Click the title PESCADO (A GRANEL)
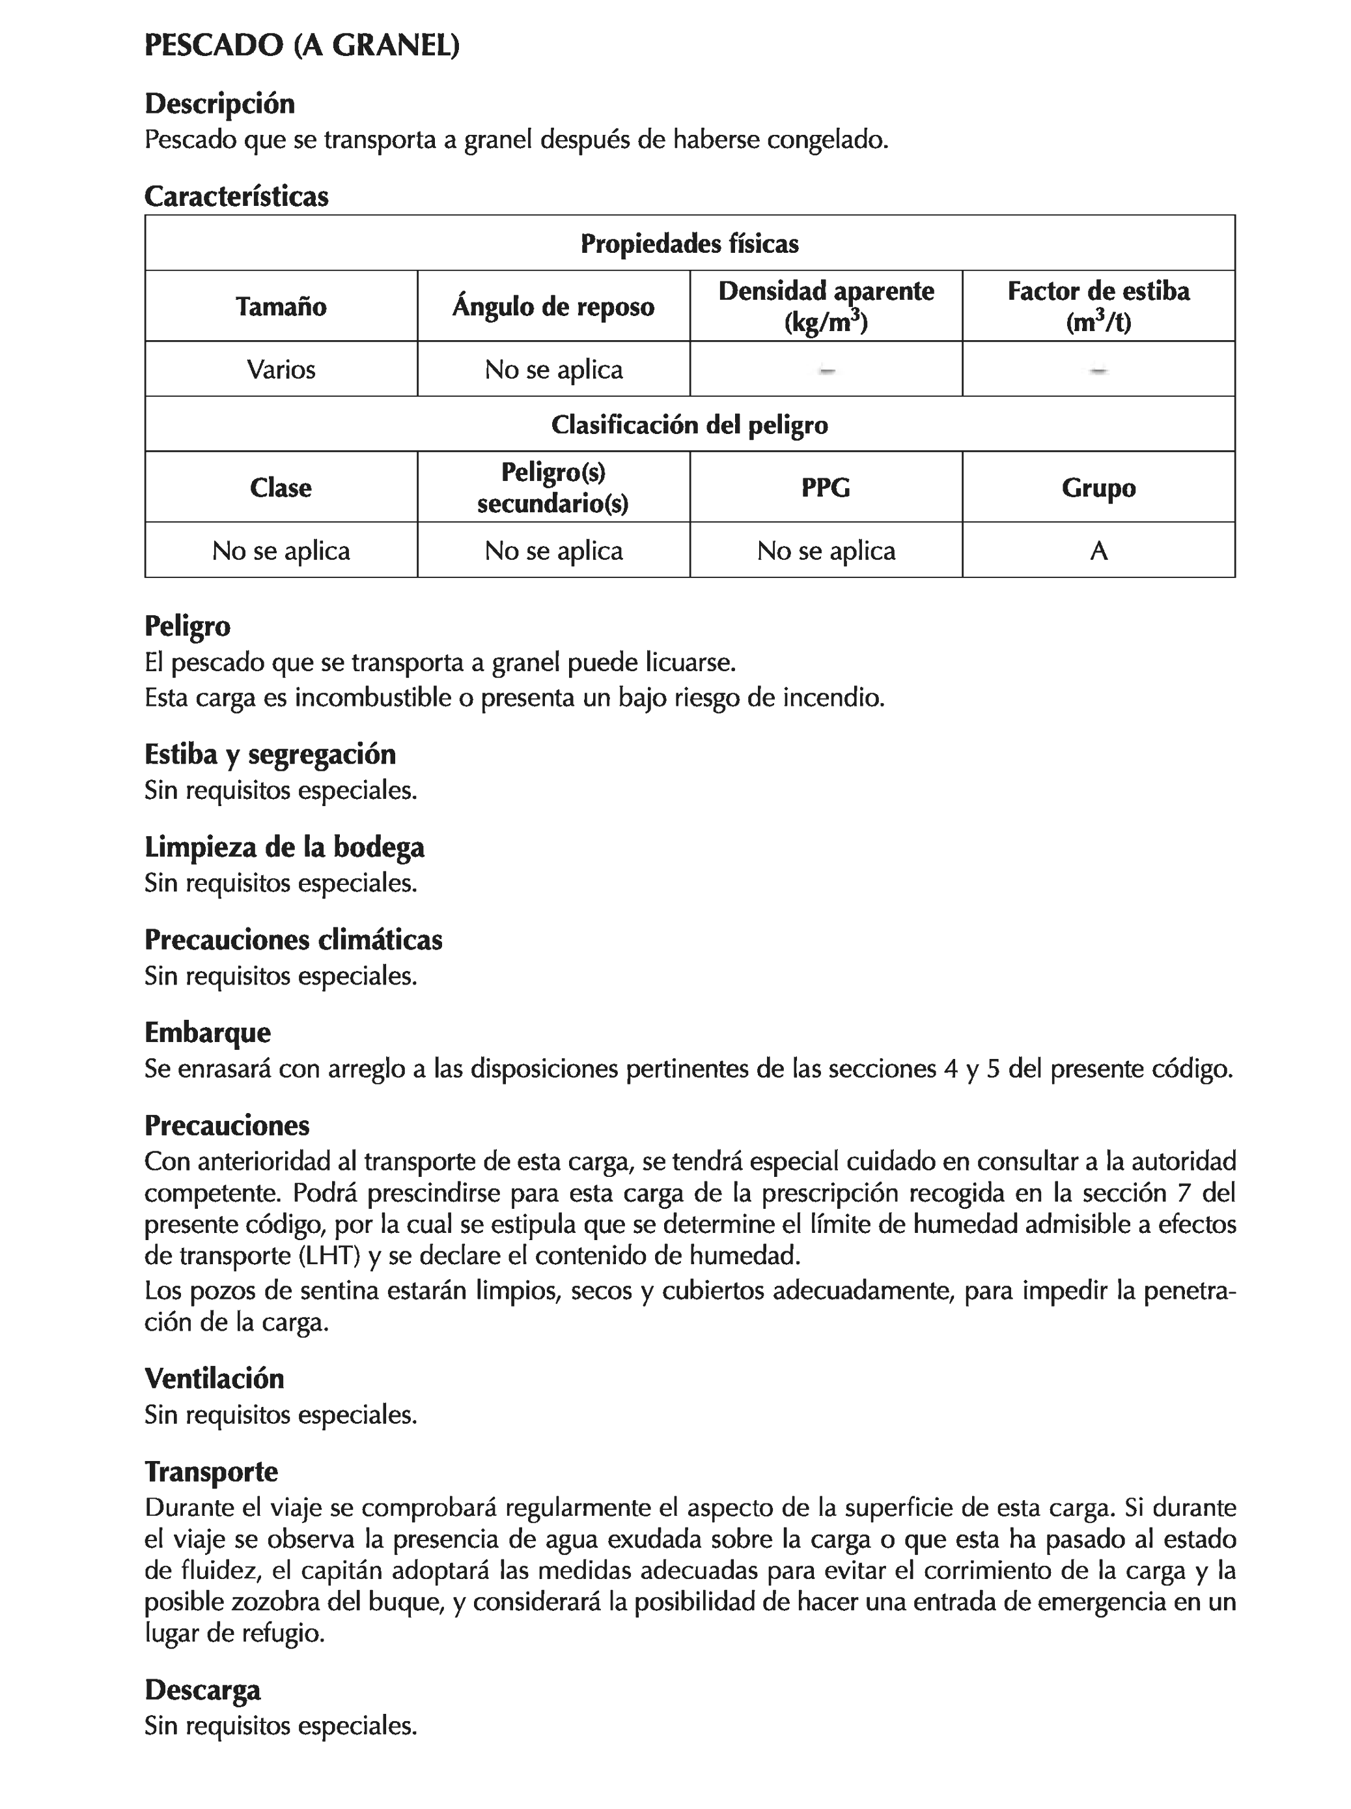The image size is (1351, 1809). click(x=301, y=45)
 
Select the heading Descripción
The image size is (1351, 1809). click(x=219, y=104)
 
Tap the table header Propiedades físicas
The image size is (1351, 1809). click(x=689, y=244)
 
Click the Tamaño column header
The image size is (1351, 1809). click(x=281, y=307)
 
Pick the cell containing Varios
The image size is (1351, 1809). click(x=281, y=369)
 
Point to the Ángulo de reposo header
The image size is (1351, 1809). click(x=553, y=307)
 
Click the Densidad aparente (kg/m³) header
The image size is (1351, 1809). click(x=826, y=307)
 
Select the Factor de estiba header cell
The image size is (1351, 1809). click(x=1098, y=307)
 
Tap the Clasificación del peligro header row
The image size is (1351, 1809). click(x=689, y=424)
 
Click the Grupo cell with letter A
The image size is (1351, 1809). click(x=1098, y=551)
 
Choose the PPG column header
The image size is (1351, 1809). click(x=826, y=487)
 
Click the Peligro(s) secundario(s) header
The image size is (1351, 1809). click(x=553, y=487)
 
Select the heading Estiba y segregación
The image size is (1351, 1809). click(x=270, y=754)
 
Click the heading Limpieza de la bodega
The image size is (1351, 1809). click(x=285, y=847)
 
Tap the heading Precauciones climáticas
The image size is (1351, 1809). click(x=294, y=940)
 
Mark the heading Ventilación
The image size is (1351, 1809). click(x=214, y=1379)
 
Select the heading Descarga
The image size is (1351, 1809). click(x=202, y=1690)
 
